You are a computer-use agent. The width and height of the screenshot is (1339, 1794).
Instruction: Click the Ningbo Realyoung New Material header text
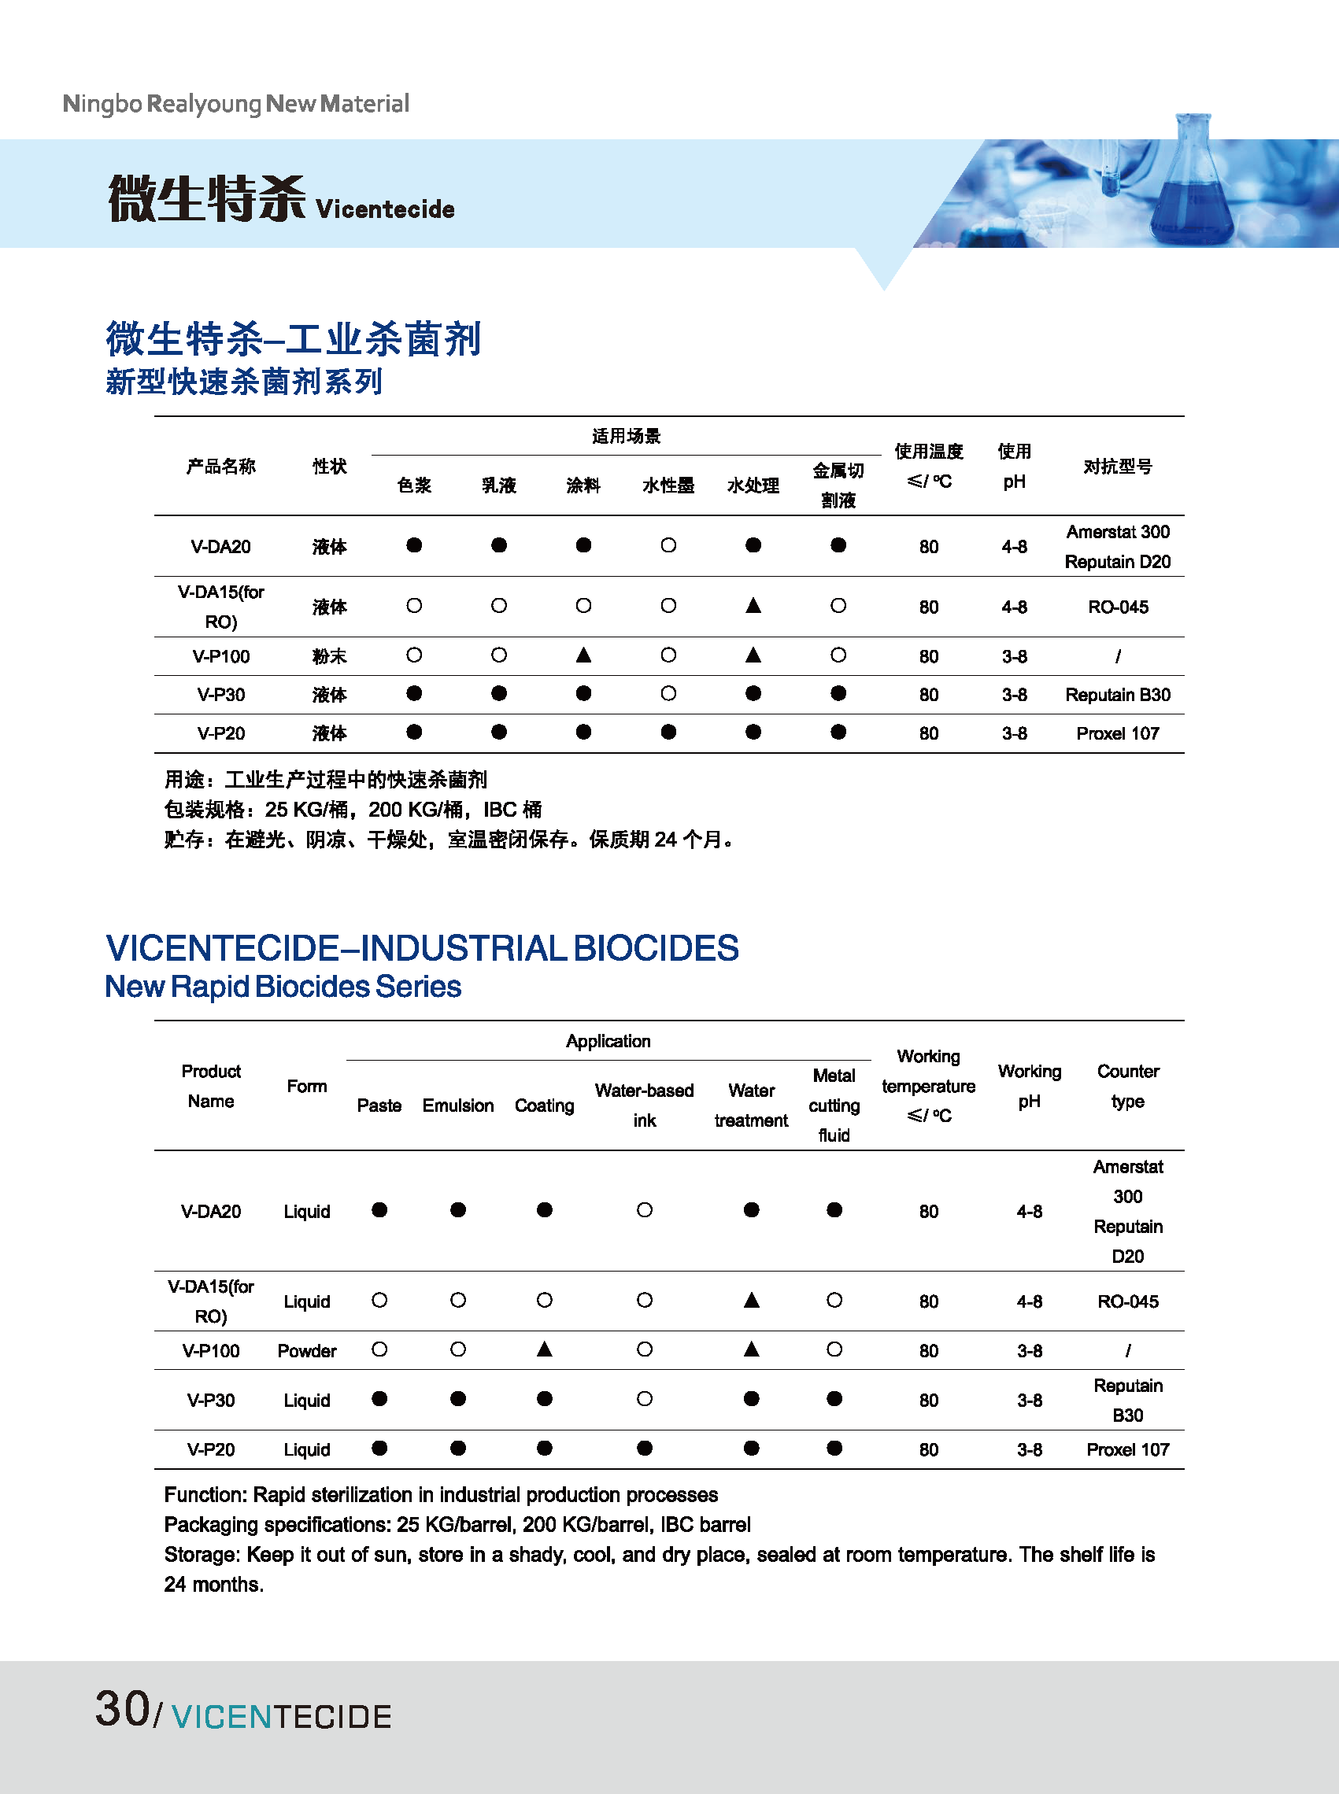[236, 104]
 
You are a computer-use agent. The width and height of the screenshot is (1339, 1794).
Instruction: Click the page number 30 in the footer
[122, 1709]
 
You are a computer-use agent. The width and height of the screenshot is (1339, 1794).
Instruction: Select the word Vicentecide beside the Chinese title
[385, 210]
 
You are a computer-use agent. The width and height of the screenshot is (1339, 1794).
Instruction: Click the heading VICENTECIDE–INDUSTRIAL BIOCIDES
[421, 948]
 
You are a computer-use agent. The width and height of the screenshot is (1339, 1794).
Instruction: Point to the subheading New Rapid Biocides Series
[283, 987]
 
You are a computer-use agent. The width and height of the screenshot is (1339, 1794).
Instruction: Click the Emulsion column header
[458, 1106]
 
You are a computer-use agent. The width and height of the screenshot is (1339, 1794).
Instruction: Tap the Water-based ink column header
[645, 1106]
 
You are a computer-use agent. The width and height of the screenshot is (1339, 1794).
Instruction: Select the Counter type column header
[1127, 1086]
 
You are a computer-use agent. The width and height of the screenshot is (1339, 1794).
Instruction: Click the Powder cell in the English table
[306, 1351]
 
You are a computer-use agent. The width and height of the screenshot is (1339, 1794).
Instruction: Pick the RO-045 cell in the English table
[1127, 1301]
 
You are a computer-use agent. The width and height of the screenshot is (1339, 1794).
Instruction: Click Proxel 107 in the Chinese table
[1117, 733]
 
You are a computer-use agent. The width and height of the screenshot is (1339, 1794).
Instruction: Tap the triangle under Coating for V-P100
[545, 1349]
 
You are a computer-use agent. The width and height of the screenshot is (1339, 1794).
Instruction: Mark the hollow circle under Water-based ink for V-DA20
[645, 1210]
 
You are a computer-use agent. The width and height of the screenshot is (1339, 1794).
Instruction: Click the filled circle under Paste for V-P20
[379, 1448]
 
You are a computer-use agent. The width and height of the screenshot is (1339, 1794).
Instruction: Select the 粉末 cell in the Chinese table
[329, 656]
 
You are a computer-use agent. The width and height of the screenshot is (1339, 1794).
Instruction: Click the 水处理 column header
[753, 485]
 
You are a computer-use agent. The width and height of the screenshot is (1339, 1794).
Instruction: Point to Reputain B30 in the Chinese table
[1117, 695]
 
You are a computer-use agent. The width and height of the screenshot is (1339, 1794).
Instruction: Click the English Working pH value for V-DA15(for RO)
[1030, 1301]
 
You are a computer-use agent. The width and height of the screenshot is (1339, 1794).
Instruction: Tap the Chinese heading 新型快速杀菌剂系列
[243, 382]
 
